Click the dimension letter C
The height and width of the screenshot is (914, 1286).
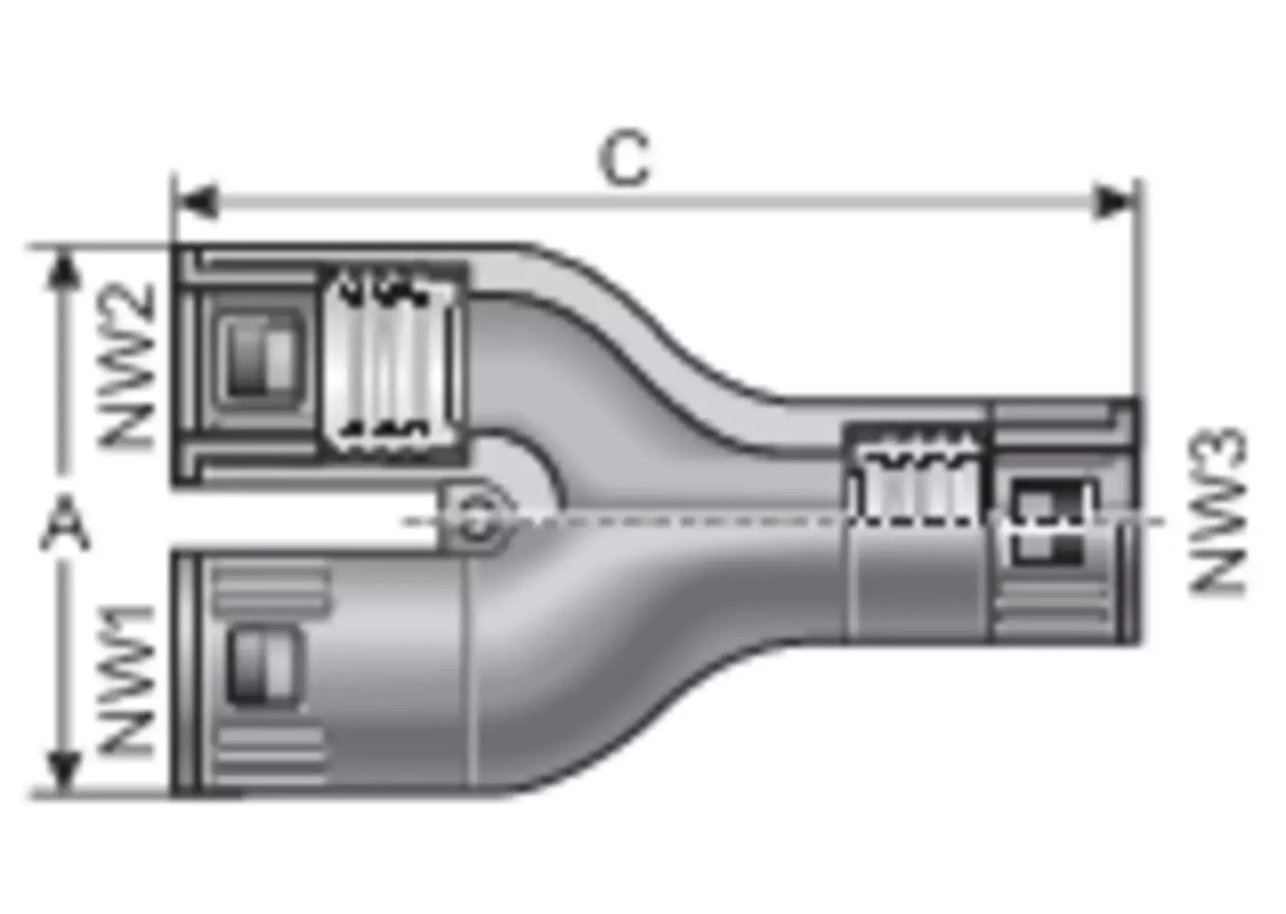tap(625, 159)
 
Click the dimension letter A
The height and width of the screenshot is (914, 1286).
tap(65, 525)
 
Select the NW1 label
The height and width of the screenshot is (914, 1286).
tap(126, 681)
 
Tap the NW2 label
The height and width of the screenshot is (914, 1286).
tap(126, 365)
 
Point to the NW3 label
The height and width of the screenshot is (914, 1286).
tap(1217, 511)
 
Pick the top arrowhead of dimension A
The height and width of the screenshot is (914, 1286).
tap(64, 271)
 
